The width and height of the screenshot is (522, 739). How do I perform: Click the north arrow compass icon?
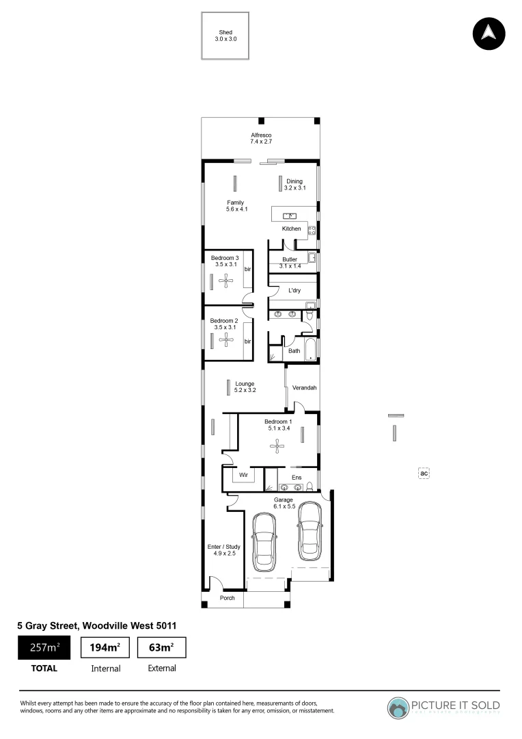coord(488,32)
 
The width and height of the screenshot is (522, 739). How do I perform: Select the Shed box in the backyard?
coord(225,36)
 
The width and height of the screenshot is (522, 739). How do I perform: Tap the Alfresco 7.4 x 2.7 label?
coord(260,138)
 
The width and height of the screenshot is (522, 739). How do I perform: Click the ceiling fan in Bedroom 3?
coord(225,280)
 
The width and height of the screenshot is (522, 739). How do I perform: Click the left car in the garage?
coord(263,542)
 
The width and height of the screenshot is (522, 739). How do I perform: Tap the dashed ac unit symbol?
coord(424,473)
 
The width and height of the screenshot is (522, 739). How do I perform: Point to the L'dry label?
coord(294,291)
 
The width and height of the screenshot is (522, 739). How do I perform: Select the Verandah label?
coord(304,388)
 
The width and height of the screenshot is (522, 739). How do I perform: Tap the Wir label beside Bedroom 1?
coord(243,474)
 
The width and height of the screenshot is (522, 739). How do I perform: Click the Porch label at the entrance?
coord(227,598)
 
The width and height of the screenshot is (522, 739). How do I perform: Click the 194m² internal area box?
coord(105,647)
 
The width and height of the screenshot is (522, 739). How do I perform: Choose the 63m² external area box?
coord(162,647)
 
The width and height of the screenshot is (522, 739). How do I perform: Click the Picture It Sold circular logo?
coord(398,707)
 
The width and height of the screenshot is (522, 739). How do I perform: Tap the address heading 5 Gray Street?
coord(98,625)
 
